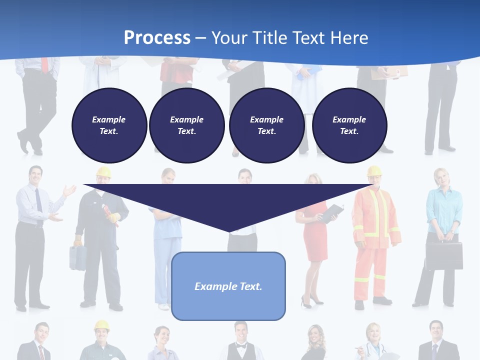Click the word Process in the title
click(x=157, y=37)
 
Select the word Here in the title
click(x=348, y=37)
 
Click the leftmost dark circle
click(x=109, y=125)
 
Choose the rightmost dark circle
click(x=349, y=125)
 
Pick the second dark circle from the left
click(x=186, y=125)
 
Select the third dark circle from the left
click(x=266, y=125)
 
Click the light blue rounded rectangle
click(x=228, y=286)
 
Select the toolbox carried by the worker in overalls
click(x=77, y=257)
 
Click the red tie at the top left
click(x=45, y=65)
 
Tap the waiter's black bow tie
click(x=241, y=346)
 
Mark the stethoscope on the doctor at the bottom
click(x=374, y=350)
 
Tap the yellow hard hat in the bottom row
click(x=101, y=325)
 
